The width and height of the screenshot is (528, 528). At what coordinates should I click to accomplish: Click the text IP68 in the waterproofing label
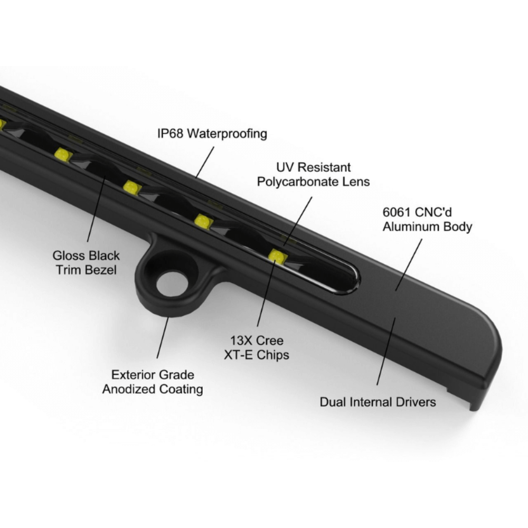(x=171, y=134)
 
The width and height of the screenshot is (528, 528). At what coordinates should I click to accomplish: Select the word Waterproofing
(x=227, y=134)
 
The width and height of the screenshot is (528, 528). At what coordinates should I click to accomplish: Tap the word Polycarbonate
(x=298, y=182)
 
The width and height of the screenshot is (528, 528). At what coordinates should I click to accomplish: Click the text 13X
(x=241, y=341)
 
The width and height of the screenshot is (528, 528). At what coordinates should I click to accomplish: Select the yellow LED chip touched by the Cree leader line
(x=278, y=256)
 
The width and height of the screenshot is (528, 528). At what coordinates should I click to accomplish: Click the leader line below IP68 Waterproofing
(x=204, y=162)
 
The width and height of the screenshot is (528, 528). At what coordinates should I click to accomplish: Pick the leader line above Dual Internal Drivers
(x=386, y=351)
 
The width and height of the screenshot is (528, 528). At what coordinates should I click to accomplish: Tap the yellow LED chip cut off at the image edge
(x=2, y=124)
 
